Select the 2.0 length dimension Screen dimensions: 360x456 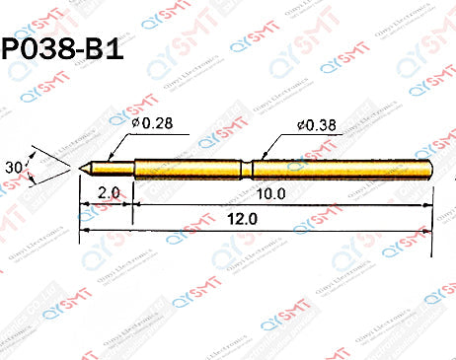coord(109,193)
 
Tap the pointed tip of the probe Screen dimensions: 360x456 coord(81,169)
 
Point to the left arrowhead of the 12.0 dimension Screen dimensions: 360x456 coord(83,230)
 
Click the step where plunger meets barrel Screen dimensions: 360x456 coord(133,169)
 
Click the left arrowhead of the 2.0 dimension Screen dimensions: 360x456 coord(83,204)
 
